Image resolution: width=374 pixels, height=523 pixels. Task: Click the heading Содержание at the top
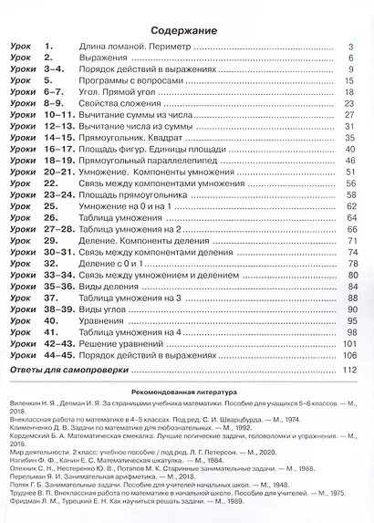coord(186,29)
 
